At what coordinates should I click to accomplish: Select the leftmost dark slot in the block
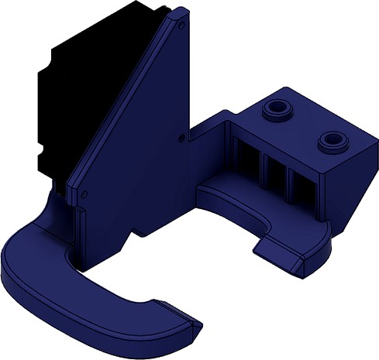pyautogui.click(x=247, y=159)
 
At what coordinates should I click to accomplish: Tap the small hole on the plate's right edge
pyautogui.click(x=182, y=139)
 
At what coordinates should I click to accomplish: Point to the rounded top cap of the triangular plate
pyautogui.click(x=176, y=14)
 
